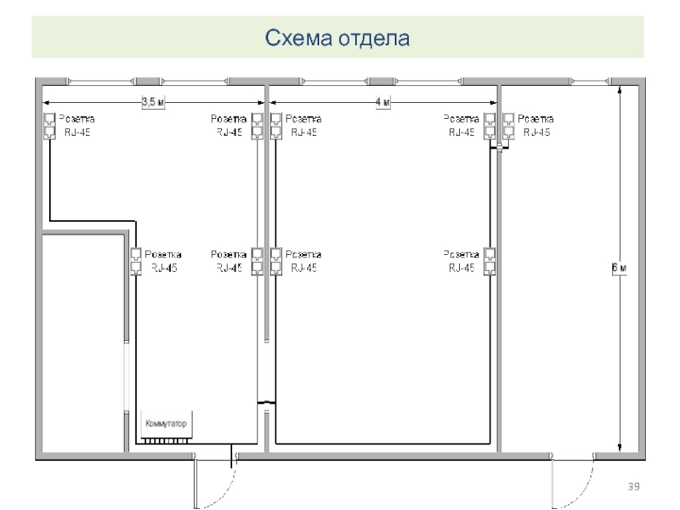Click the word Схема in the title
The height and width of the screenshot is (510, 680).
tap(299, 37)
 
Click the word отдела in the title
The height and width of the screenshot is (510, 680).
tap(374, 38)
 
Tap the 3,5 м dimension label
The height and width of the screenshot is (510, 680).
tap(153, 102)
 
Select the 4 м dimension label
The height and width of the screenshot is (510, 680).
tap(383, 102)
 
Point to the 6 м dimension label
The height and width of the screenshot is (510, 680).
tap(620, 268)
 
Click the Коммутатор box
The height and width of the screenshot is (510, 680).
tap(167, 424)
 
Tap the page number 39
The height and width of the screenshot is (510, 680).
tap(633, 486)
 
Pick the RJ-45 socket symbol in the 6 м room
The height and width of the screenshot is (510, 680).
tap(508, 126)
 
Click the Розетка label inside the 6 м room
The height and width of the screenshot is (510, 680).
tap(535, 119)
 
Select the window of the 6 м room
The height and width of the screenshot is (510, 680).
tap(591, 81)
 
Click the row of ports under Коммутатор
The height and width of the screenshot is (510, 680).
tap(166, 441)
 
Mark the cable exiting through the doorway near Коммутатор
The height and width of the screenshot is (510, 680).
tap(231, 456)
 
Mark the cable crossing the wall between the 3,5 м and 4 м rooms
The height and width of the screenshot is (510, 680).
tap(266, 403)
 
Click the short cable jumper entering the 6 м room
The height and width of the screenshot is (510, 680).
tap(499, 148)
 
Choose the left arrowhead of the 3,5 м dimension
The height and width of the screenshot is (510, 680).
tap(46, 103)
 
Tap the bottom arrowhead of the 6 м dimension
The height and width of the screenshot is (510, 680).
tap(620, 448)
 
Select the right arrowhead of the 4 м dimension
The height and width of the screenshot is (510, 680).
tap(493, 103)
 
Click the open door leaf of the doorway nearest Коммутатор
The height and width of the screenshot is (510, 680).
tap(195, 483)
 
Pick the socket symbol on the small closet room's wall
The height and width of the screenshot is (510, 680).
tap(136, 261)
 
